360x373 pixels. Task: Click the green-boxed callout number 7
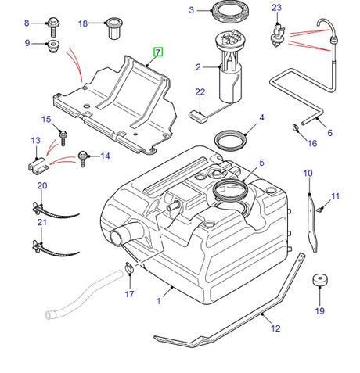click(158, 53)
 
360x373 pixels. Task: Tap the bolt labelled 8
click(52, 23)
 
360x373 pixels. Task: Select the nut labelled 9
click(53, 45)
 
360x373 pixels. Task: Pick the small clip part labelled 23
click(276, 32)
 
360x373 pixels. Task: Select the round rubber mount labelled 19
click(319, 282)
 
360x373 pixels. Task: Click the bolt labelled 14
click(81, 156)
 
